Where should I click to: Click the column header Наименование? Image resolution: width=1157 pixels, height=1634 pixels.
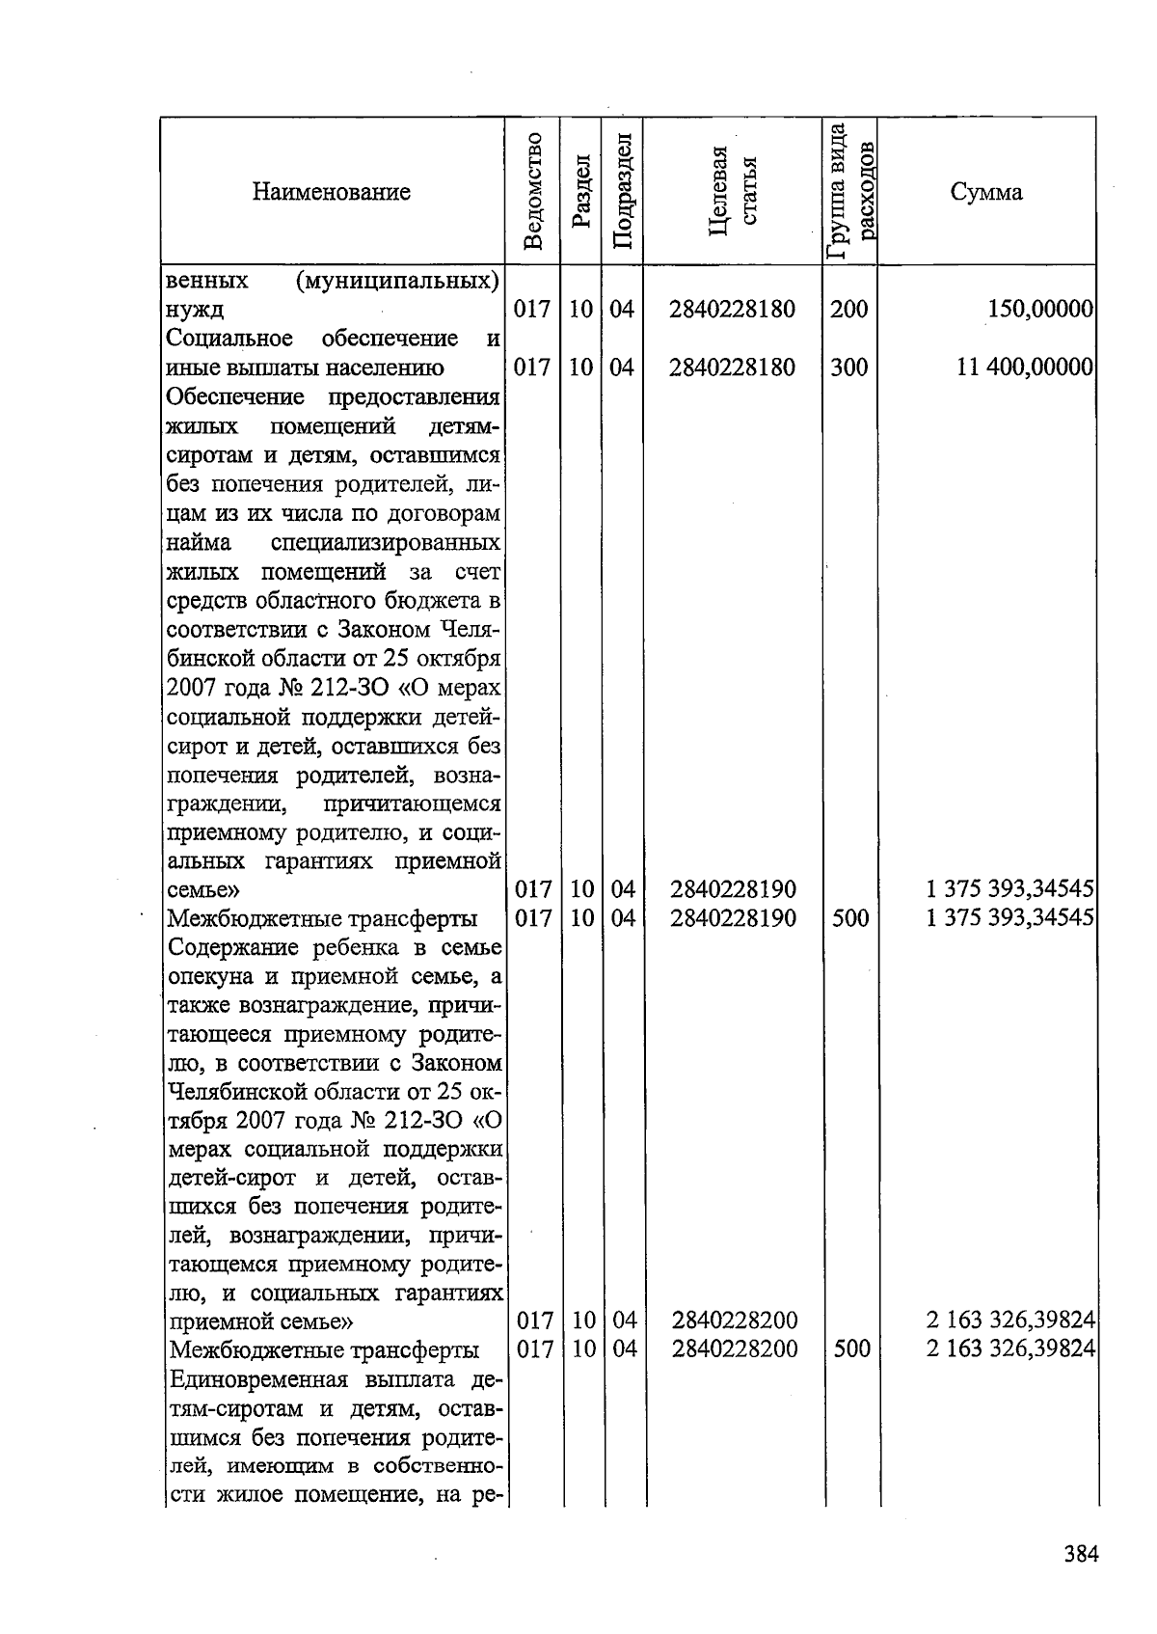coord(331,192)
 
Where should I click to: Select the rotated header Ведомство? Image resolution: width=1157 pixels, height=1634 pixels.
coord(533,191)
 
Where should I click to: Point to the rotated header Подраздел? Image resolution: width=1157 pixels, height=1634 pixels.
coord(623,191)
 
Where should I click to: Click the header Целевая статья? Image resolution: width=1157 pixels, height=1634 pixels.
coord(733,191)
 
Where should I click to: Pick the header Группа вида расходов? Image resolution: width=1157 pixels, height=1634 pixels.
coord(850,191)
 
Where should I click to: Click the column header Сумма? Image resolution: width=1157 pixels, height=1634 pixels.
coord(985,192)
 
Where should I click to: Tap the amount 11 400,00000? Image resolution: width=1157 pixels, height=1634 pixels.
coord(1024,368)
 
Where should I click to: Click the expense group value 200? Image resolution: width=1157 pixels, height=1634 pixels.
coord(849,310)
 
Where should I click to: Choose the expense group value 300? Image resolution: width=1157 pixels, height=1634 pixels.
coord(849,368)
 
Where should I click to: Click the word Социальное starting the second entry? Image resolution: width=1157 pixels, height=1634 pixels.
coord(229,339)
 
